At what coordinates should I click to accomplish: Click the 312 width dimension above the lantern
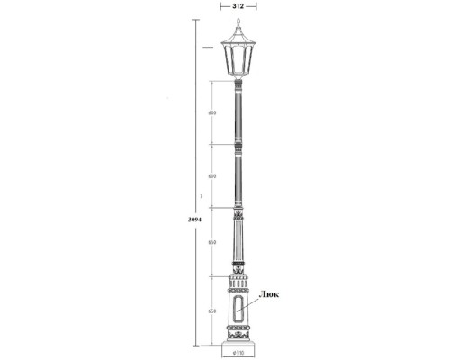pos(238,5)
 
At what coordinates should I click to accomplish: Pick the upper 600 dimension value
pos(211,113)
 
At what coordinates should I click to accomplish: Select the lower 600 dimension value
pos(211,176)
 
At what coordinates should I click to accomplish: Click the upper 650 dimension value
pos(211,243)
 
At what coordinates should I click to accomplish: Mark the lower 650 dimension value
pos(211,310)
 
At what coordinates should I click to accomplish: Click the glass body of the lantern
pos(238,60)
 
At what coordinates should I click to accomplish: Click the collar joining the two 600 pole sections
pos(238,146)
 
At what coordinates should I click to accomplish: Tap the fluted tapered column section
pos(238,247)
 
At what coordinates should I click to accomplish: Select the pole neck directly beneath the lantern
pos(238,85)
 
